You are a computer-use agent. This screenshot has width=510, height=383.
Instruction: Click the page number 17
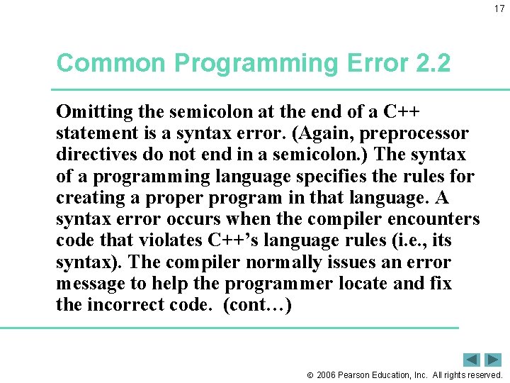[499, 9]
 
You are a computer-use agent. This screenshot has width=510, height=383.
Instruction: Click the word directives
[93, 154]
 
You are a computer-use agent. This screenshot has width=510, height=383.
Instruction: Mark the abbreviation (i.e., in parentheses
[412, 240]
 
